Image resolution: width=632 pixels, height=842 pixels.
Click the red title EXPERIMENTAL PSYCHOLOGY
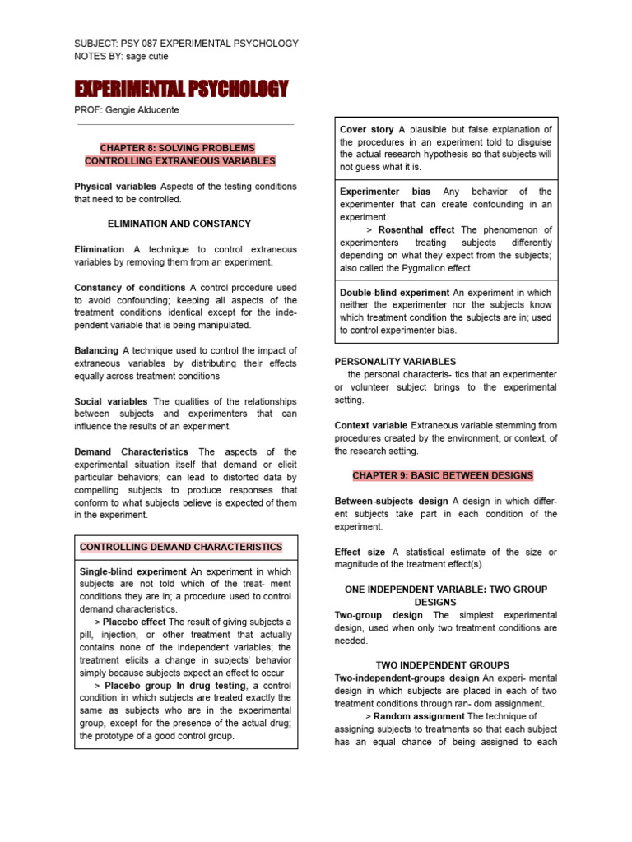pos(181,88)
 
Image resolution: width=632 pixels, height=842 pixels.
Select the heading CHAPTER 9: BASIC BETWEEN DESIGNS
pos(443,475)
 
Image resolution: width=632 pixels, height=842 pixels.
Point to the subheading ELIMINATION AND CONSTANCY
pos(179,224)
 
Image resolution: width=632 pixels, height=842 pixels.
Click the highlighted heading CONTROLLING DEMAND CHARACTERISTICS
pos(181,547)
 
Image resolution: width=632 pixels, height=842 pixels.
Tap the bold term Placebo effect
pos(135,622)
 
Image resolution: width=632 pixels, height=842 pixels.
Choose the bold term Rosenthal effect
pos(417,229)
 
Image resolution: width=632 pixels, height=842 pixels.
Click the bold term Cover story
pos(366,129)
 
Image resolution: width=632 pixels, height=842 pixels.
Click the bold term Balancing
pos(96,350)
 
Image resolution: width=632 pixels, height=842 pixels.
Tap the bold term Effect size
pos(360,552)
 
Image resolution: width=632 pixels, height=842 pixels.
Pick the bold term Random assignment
pos(419,716)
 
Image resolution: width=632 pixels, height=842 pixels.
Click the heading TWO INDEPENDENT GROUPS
pos(442,664)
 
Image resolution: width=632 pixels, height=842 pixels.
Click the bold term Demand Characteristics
pos(131,451)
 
